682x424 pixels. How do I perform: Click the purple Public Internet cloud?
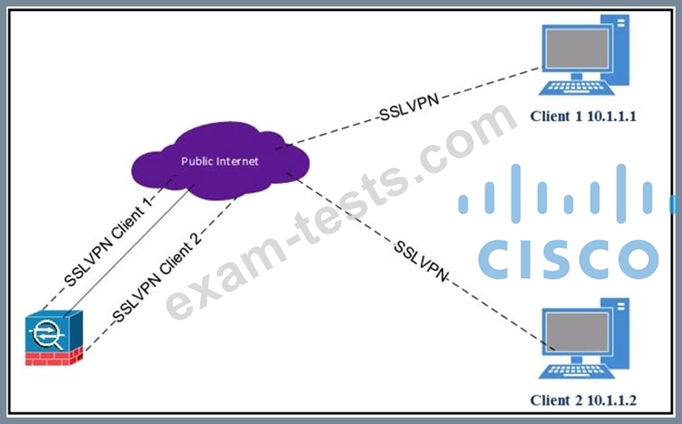[x=221, y=160]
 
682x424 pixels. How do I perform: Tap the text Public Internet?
[x=220, y=162]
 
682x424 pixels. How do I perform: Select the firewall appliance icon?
[x=54, y=338]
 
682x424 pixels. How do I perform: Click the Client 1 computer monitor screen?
[x=577, y=48]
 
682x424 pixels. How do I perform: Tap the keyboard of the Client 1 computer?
[x=576, y=88]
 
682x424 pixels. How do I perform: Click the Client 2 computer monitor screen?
[x=577, y=333]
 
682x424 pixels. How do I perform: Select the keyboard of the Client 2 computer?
[x=576, y=371]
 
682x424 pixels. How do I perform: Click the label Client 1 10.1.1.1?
[x=583, y=116]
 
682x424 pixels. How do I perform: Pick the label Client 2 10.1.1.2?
[x=583, y=400]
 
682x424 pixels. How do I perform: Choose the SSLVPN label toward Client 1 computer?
[x=409, y=107]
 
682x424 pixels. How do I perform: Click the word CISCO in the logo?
[x=568, y=259]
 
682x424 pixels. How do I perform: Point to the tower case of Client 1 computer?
[x=620, y=49]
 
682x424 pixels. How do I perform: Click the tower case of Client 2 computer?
[x=620, y=333]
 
